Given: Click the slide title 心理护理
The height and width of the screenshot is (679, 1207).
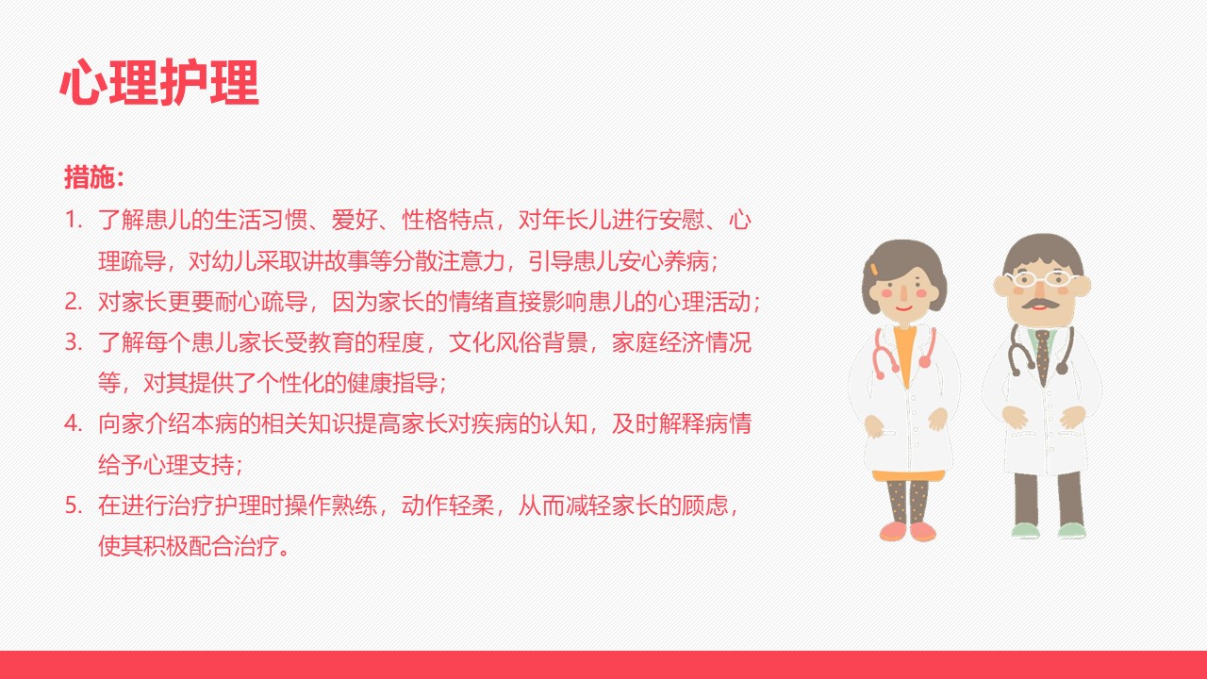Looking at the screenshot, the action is click(159, 82).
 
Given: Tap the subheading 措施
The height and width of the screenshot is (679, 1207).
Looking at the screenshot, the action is click(89, 176).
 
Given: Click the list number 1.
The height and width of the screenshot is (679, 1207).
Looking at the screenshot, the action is click(74, 220).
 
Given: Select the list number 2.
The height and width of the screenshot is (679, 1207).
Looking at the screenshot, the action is click(74, 302).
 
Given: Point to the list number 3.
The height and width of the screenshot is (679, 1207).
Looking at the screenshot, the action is click(74, 342).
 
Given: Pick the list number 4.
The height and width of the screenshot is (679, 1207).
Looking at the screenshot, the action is click(74, 424).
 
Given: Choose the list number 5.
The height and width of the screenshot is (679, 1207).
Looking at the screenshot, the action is click(74, 505).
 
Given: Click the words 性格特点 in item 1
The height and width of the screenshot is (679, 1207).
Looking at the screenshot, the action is click(448, 220).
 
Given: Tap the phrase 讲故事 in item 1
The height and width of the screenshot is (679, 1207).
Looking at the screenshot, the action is click(336, 261).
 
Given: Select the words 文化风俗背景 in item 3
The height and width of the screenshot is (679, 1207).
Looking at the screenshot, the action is click(519, 342).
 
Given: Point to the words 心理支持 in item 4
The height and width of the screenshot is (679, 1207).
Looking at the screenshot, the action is click(190, 465).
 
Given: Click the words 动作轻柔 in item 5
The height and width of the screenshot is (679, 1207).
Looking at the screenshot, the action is click(448, 505).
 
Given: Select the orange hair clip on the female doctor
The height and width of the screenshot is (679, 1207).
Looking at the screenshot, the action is click(873, 269).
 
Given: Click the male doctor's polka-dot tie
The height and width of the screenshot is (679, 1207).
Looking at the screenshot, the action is click(1043, 356).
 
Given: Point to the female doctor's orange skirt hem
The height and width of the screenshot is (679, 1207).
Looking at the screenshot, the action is click(908, 475).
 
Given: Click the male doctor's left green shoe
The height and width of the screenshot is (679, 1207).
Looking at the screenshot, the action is click(1024, 531).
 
